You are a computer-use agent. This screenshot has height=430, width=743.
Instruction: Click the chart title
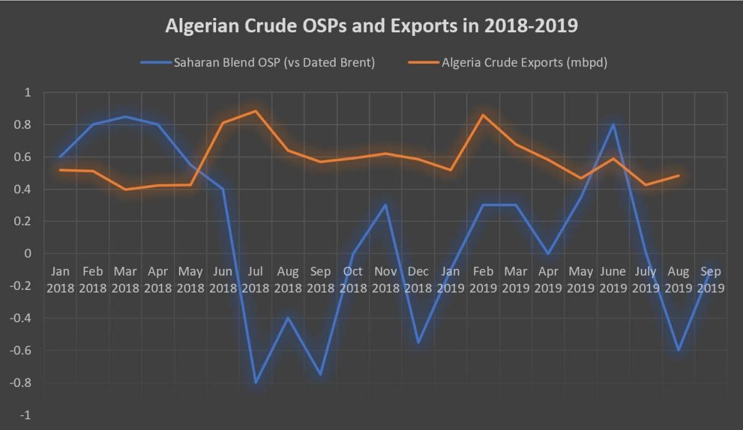(x=371, y=27)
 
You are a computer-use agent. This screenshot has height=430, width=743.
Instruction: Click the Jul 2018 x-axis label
(x=255, y=279)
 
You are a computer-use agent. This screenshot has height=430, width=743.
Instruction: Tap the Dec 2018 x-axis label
(x=418, y=279)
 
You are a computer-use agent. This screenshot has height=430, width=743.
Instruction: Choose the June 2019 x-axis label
(x=613, y=279)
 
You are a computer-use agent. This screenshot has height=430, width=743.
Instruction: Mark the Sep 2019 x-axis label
(x=711, y=279)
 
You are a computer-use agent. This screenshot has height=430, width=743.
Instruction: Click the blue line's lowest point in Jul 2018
(x=255, y=383)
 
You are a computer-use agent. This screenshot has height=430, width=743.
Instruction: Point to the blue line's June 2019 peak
(x=613, y=125)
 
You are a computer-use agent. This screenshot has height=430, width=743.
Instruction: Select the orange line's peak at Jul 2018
(x=255, y=111)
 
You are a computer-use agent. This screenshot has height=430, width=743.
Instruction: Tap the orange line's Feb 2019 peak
(x=483, y=115)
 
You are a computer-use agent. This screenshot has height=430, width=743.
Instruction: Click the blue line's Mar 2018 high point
(x=125, y=116)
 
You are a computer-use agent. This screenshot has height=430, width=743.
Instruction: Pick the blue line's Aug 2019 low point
(x=679, y=351)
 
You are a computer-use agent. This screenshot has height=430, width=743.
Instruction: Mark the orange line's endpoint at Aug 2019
(x=679, y=175)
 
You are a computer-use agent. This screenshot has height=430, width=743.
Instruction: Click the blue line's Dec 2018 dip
(x=418, y=343)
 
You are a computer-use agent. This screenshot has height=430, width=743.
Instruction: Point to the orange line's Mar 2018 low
(x=125, y=189)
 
